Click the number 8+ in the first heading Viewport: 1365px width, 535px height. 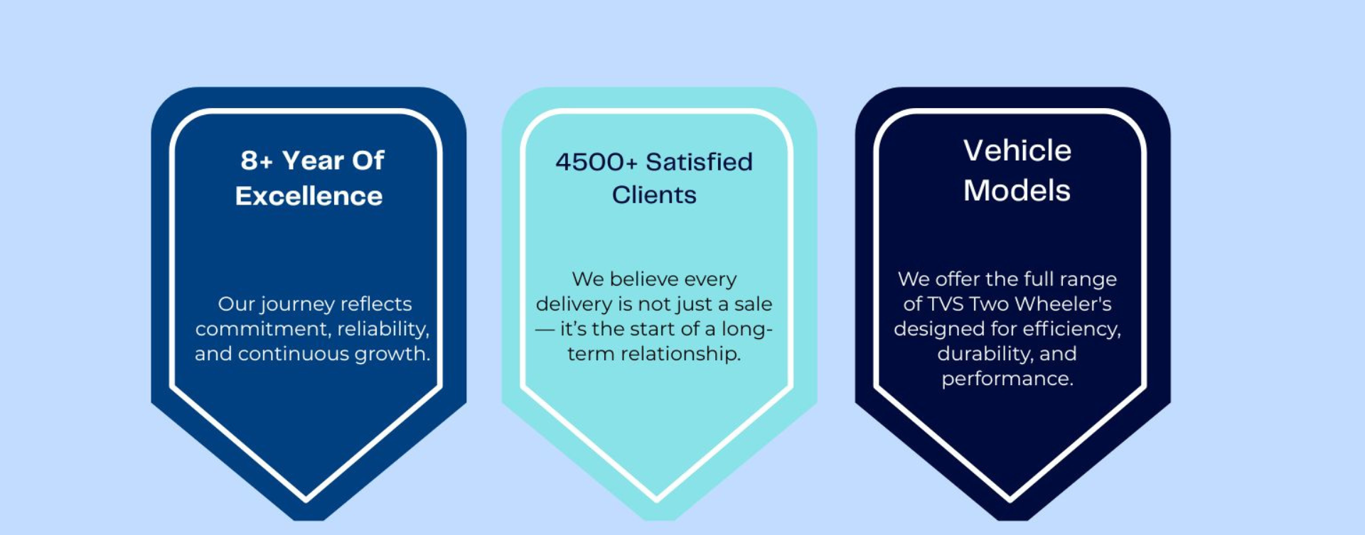click(257, 161)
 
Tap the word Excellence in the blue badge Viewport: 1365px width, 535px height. click(309, 196)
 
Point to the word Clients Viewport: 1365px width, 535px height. click(654, 195)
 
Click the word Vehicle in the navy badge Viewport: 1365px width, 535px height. click(1017, 151)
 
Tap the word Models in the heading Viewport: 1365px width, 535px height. click(1017, 190)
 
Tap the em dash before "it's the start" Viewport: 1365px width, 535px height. click(545, 329)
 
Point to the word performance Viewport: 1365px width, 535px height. click(1007, 379)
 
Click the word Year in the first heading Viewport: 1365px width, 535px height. click(313, 161)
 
